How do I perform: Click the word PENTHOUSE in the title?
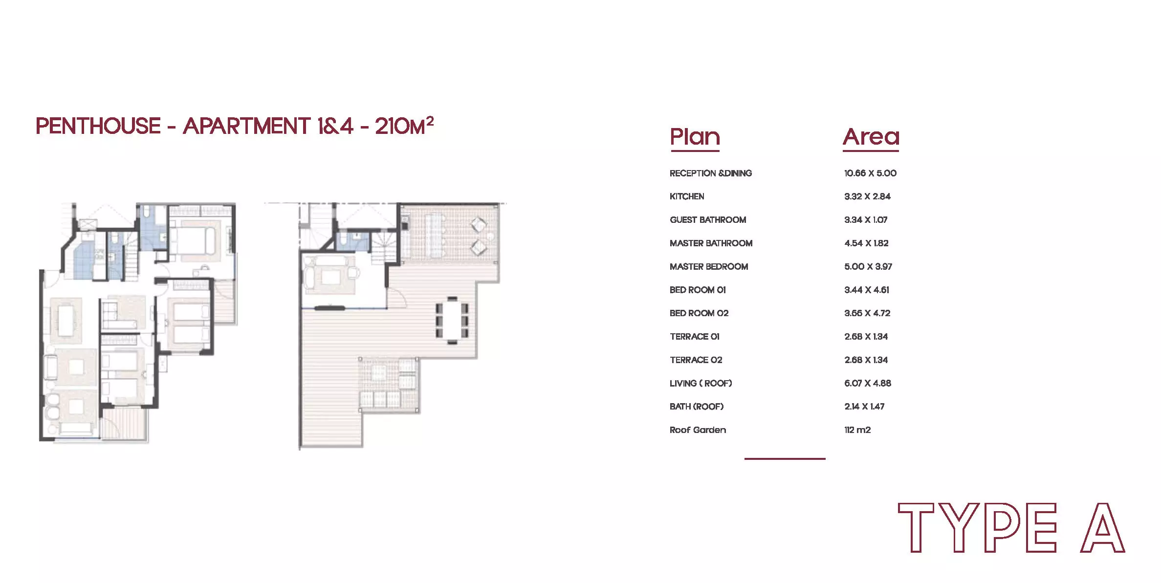coord(98,126)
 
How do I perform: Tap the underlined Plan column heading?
coord(695,137)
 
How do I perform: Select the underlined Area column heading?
coord(871,137)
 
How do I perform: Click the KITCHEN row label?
coord(687,196)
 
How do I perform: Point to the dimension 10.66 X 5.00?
coord(870,173)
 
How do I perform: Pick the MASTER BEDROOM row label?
coord(709,266)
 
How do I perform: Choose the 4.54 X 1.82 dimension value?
coord(866,243)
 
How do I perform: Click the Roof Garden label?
coord(698,430)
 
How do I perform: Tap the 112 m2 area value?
coord(857,430)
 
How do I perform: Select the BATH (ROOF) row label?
coord(697,407)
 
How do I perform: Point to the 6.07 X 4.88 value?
coord(868,383)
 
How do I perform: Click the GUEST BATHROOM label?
coord(708,220)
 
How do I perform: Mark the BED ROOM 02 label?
coord(699,313)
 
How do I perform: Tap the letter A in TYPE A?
coord(1103,528)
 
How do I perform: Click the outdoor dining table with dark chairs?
coord(452,320)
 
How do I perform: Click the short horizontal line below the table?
coord(785,458)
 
